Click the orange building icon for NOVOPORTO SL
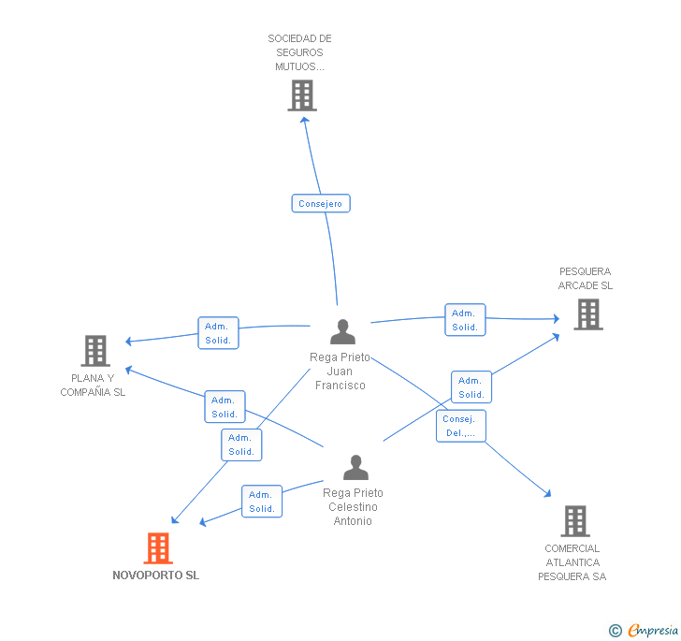tap(158, 548)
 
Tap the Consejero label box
tap(321, 203)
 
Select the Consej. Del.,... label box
tap(461, 426)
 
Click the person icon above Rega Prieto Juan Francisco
tap(342, 331)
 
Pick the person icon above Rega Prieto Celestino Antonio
tap(355, 467)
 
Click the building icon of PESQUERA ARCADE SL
tap(588, 314)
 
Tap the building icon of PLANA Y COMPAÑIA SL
tap(95, 351)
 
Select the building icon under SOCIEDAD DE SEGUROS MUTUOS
tap(302, 95)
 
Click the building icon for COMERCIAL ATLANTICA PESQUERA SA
tap(575, 521)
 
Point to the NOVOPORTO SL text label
tap(156, 575)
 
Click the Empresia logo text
tap(653, 630)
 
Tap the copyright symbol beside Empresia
tap(616, 631)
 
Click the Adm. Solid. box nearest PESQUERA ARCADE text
tap(465, 320)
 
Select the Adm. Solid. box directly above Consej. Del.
tap(471, 387)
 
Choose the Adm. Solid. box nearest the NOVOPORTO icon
tap(262, 501)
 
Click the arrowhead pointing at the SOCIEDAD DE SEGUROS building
tap(305, 121)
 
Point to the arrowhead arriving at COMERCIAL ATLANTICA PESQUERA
tap(547, 493)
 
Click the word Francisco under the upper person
tap(340, 386)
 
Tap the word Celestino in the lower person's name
tap(353, 507)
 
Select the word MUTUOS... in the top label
tap(299, 66)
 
